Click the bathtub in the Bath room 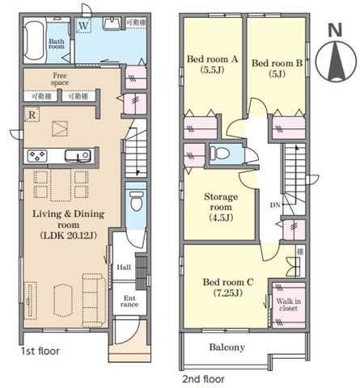tap(34, 40)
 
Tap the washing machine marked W tap(83, 25)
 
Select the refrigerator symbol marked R tap(32, 115)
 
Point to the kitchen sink tap(78, 156)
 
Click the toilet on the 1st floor tap(136, 201)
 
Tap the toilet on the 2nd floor tap(219, 154)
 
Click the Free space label tap(60, 79)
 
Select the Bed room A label tap(213, 59)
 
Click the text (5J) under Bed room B tap(277, 74)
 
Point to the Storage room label tap(221, 202)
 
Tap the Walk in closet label tap(288, 305)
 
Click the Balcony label tap(227, 347)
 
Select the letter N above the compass tap(335, 30)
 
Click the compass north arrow tap(336, 61)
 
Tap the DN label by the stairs tap(275, 205)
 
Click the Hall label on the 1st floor tap(124, 268)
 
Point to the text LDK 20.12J tap(68, 236)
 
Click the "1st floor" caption tap(40, 351)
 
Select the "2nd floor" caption tap(203, 379)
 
